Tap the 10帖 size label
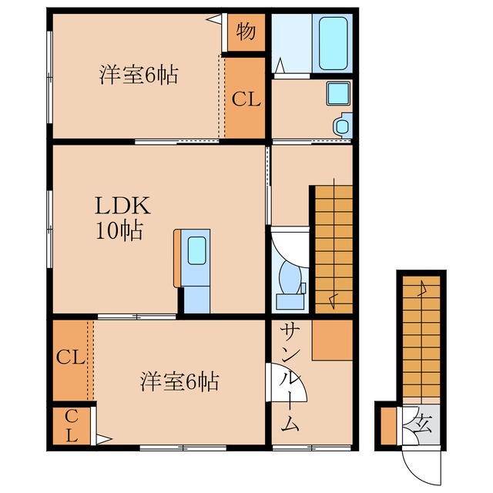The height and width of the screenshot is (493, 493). coord(119,230)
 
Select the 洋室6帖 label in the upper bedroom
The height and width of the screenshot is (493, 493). coord(138,75)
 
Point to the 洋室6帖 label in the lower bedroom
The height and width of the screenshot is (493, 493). coord(179,381)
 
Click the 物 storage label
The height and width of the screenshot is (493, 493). coord(246,32)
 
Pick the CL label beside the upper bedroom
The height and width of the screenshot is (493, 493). coord(246,99)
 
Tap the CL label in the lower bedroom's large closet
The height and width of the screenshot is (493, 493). coord(70,357)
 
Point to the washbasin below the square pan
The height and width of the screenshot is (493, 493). coord(342,123)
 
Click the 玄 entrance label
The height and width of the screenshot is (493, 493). coord(424,424)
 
